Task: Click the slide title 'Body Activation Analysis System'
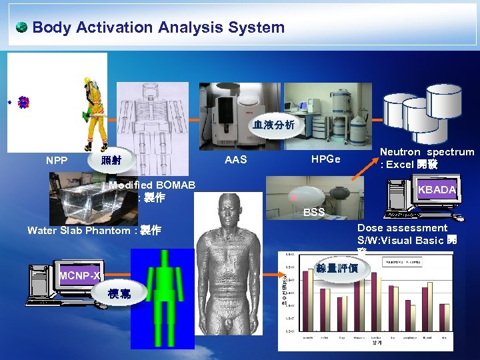[x=158, y=27]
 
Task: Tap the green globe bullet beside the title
[x=21, y=27]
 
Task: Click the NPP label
[x=57, y=160]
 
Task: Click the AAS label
[x=235, y=159]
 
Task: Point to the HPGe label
[x=325, y=159]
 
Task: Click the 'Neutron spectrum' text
[x=427, y=152]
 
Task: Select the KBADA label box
[x=437, y=190]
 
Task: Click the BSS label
[x=313, y=213]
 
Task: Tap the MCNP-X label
[x=79, y=275]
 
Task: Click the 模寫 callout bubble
[x=120, y=294]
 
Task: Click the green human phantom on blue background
[x=169, y=300]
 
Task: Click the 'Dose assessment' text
[x=402, y=228]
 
